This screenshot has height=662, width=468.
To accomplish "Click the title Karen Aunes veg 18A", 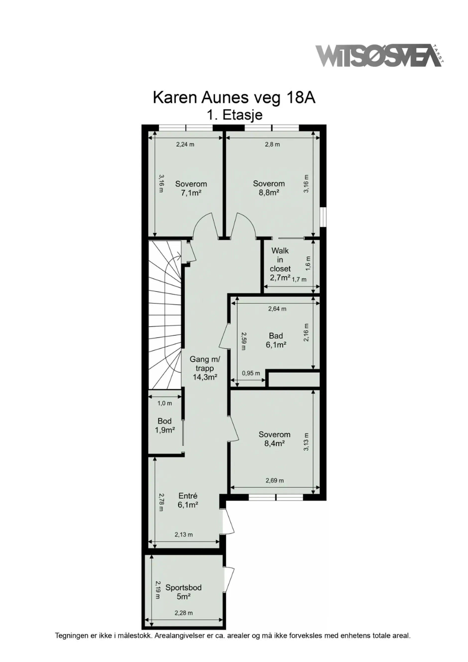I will (234, 98).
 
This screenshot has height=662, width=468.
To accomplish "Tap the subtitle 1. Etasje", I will (234, 115).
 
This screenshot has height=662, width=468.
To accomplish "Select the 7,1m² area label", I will (191, 193).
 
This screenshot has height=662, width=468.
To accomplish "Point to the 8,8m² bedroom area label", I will (269, 193).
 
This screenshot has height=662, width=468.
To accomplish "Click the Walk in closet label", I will (280, 260).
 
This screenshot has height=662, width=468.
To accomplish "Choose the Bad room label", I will (276, 336).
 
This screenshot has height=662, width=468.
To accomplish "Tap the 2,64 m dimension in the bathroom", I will (277, 309).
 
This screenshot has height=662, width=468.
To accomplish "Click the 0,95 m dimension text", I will (251, 373).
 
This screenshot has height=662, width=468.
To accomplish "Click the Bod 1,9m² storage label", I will (165, 426).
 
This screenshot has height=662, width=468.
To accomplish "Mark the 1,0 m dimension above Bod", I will (165, 403).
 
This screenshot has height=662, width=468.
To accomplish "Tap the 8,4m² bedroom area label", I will (275, 443).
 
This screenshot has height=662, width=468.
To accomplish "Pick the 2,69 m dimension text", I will (275, 480).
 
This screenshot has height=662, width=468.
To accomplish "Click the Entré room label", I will (188, 496).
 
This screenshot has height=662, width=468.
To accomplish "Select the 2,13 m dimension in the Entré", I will (184, 535).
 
